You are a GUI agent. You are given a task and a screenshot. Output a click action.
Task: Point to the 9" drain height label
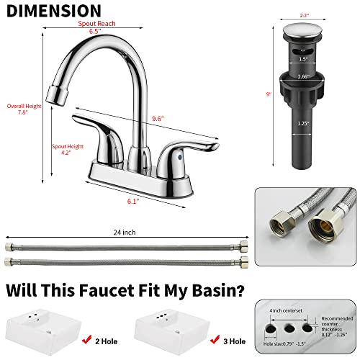(x=268, y=92)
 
